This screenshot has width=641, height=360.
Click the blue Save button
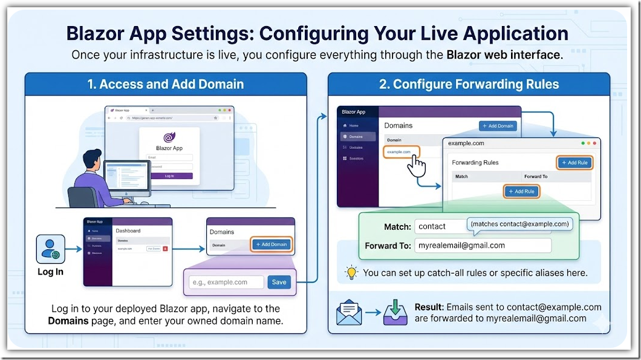(x=279, y=282)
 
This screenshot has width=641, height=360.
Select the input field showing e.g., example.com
(x=226, y=282)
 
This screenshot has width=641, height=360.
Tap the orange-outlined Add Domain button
(x=271, y=244)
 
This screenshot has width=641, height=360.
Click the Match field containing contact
(x=440, y=226)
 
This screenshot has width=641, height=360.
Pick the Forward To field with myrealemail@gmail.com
(x=482, y=245)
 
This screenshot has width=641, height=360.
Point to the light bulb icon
(x=351, y=272)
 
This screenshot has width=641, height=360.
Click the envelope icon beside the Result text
(x=348, y=312)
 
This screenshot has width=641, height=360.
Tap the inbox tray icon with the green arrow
(x=395, y=313)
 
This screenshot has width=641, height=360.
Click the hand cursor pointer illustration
(x=416, y=165)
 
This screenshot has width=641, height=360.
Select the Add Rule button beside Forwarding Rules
(x=573, y=162)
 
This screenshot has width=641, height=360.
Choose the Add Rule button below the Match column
(x=521, y=191)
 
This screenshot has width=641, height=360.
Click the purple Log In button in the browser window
(x=169, y=176)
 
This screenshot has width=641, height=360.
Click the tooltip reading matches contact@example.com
(x=519, y=224)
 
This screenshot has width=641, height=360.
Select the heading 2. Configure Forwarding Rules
(x=469, y=84)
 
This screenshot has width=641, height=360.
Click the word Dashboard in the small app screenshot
(x=128, y=231)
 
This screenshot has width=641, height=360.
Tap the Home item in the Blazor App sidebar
(x=353, y=125)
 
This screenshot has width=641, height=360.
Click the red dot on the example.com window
(x=595, y=143)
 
